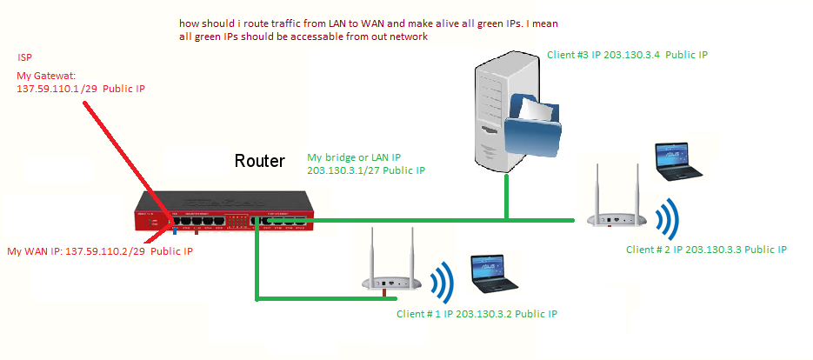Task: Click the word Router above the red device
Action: (259, 162)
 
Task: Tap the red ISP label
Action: (26, 57)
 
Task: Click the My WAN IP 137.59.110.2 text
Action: (100, 251)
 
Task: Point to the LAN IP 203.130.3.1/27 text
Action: (365, 170)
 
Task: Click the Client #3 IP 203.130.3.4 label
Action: (627, 55)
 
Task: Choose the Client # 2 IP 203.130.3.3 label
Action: (706, 250)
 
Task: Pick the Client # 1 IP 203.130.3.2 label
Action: (476, 313)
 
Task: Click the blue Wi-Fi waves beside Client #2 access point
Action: (668, 219)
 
